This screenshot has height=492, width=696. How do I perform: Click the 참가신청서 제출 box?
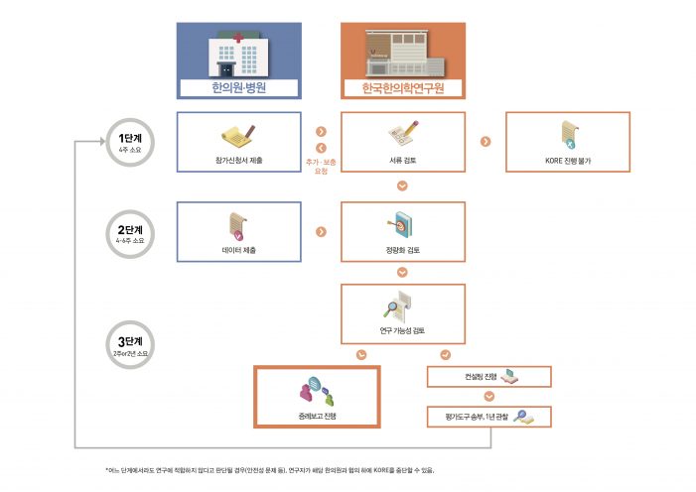(238, 143)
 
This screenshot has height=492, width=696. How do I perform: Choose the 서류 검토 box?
(402, 143)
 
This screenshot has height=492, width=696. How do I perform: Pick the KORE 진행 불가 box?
(567, 143)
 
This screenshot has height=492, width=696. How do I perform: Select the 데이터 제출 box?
(238, 232)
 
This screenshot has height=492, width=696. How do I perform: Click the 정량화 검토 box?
(402, 232)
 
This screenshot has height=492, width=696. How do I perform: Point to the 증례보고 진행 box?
(317, 396)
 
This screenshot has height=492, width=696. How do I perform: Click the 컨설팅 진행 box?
(488, 376)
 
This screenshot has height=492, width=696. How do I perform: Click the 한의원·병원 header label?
(238, 88)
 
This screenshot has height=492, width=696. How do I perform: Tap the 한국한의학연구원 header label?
(402, 88)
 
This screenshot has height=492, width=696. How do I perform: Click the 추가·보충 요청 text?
(321, 166)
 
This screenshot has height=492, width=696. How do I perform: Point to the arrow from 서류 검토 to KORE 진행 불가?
(485, 142)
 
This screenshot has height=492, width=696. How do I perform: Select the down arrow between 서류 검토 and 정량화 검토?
(402, 185)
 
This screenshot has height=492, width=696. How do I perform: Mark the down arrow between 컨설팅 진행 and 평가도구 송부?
(488, 396)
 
